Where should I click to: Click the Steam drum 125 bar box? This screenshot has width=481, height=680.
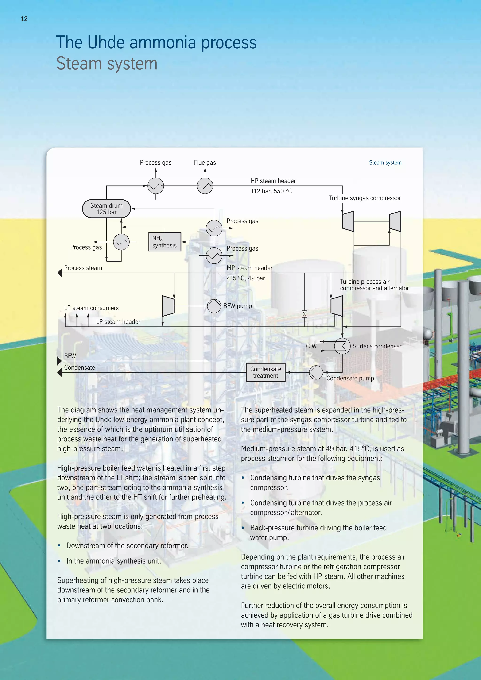pos(106,209)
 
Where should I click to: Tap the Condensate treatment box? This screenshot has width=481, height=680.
pos(265,372)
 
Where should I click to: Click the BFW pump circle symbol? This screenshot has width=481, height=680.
pos(214,306)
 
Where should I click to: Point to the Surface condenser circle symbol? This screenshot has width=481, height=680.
pos(342,346)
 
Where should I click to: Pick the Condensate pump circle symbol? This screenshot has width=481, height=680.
pos(316,372)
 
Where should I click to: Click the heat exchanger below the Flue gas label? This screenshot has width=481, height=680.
pos(205,186)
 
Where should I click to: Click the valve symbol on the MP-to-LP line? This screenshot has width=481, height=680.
pos(304,314)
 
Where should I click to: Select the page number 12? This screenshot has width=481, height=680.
pos(24,19)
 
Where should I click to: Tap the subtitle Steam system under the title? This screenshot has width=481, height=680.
pos(107,63)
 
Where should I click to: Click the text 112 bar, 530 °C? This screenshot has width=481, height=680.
pos(271,191)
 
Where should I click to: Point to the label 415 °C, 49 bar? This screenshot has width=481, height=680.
pos(246,278)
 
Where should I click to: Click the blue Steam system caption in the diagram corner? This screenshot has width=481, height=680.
pos(385,162)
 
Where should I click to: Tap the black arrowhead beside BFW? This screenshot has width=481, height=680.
pos(59,361)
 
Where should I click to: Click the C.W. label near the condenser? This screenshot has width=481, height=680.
pos(312,346)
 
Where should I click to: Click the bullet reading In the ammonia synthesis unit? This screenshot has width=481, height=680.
pos(113,561)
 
